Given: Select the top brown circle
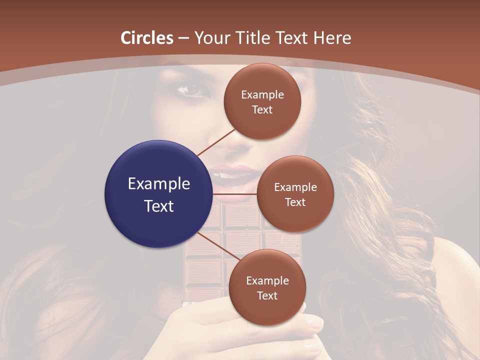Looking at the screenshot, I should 262,101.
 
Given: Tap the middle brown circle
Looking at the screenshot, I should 295,194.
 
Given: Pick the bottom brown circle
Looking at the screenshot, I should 267,287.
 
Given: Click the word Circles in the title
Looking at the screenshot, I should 147,38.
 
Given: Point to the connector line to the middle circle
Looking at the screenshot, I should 235,194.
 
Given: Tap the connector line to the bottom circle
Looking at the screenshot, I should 215,245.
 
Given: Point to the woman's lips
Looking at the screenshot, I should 232,175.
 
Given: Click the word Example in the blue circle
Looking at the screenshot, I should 159,184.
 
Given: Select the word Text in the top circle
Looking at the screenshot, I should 262,110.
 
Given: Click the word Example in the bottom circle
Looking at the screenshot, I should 267,281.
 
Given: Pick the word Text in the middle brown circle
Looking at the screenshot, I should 295,202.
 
